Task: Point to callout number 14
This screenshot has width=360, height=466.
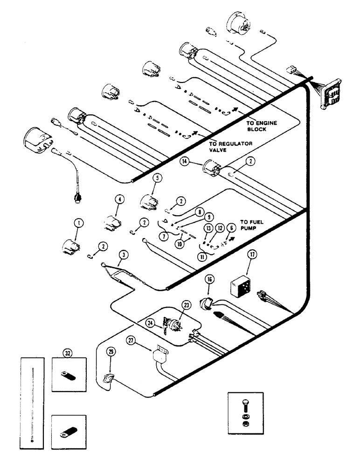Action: [x=185, y=161]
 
